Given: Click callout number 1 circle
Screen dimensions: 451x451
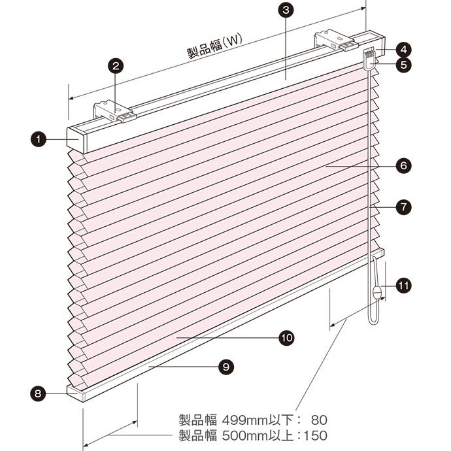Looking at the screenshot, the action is pos(38,139).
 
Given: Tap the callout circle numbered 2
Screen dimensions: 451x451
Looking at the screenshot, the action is pos(116,66).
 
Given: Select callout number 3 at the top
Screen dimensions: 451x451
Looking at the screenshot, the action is pos(286,10).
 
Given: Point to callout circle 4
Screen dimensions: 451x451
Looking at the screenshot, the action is pos(403,50).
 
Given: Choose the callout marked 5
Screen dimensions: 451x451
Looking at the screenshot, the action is pos(403,65).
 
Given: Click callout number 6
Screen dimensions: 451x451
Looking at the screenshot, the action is pos(403,166).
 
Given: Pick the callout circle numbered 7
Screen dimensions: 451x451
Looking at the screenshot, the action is pos(403,207).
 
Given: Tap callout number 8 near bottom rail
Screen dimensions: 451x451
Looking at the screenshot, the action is pos(38,393).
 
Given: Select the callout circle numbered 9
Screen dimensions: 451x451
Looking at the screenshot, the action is pos(226,367).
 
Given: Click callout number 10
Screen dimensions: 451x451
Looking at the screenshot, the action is pos(286,338).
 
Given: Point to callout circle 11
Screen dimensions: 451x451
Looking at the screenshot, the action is pos(403,286).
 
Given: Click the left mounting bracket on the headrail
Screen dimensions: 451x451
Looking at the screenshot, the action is pos(114,112).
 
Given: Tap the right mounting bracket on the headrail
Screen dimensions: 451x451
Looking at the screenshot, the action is pos(337,41).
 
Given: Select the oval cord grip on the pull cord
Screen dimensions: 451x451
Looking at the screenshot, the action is pos(376,293).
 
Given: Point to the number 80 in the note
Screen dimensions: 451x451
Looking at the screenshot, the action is pos(319,420).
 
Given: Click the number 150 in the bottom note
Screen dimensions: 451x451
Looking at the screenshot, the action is pos(315,435).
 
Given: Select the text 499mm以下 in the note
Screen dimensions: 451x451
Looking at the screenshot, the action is pos(258,420).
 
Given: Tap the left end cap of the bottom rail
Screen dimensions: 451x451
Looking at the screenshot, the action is pos(75,393).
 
